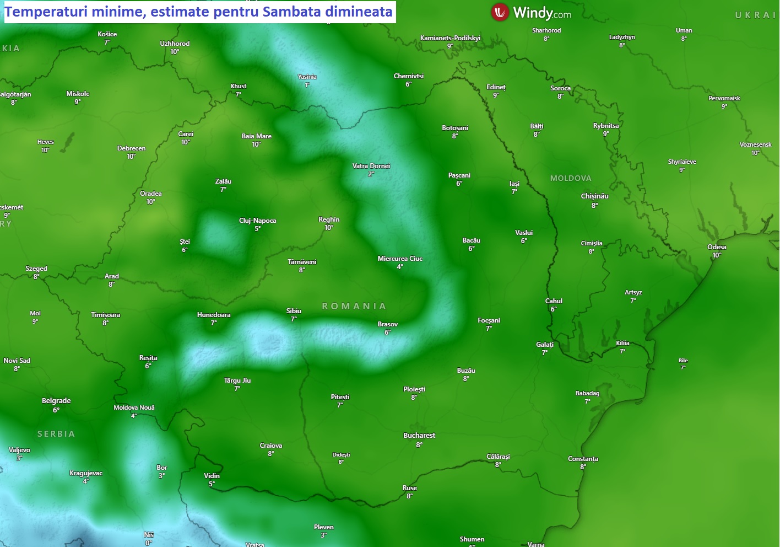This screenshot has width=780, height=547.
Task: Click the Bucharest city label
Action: (x=419, y=436)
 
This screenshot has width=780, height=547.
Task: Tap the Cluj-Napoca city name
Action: (x=257, y=221)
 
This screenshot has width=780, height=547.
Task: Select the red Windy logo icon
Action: (x=500, y=12)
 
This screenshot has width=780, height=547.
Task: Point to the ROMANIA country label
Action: (x=354, y=306)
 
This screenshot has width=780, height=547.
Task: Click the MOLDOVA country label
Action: (x=571, y=178)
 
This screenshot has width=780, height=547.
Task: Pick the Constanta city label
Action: (x=583, y=459)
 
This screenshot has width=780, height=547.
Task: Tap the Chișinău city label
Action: (x=594, y=196)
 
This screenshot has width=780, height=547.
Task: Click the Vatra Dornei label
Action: (x=371, y=166)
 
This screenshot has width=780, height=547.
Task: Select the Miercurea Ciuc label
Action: (x=400, y=259)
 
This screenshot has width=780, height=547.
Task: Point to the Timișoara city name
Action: (x=105, y=315)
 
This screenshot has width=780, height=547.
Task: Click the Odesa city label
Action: (x=717, y=247)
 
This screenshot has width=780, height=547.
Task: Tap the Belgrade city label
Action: (x=56, y=401)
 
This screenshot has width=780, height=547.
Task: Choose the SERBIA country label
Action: (x=56, y=434)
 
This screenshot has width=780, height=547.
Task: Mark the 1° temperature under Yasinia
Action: (x=307, y=85)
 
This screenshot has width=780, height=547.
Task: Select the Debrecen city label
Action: (x=131, y=148)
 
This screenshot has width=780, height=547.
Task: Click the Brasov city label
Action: (x=388, y=324)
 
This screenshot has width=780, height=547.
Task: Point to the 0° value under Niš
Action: (x=149, y=543)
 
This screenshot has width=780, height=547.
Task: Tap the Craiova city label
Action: (x=270, y=446)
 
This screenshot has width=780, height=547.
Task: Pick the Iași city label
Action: (x=514, y=184)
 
